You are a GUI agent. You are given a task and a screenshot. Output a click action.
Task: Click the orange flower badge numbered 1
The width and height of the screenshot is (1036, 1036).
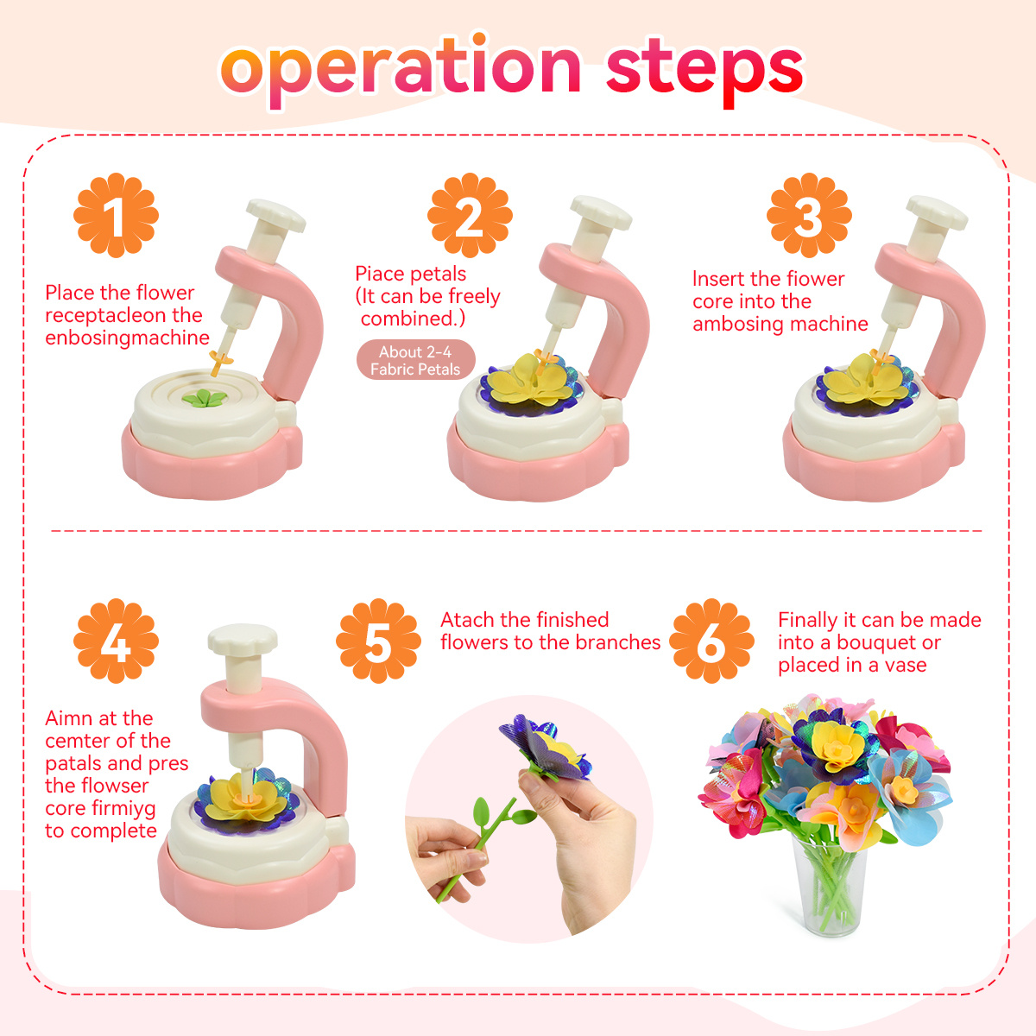click(117, 215)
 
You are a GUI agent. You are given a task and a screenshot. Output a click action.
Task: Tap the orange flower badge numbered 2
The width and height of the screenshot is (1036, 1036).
click(470, 215)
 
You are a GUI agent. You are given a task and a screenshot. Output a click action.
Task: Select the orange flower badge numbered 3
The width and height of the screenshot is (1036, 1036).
click(809, 215)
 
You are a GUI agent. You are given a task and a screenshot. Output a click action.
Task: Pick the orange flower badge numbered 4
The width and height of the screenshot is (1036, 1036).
click(117, 641)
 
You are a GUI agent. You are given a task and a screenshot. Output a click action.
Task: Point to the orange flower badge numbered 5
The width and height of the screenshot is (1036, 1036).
click(378, 641)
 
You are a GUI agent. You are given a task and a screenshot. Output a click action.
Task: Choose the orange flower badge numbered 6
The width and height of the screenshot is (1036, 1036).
click(711, 641)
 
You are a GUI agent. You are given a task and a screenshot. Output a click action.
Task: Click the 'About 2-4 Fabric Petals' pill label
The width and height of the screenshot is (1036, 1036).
click(415, 360)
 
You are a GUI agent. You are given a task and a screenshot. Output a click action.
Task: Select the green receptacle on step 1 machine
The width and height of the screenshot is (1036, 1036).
click(205, 398)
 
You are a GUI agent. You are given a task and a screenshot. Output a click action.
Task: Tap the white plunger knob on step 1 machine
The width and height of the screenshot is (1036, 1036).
click(275, 215)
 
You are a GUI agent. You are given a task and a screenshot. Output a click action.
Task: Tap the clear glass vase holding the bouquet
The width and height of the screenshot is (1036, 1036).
click(829, 888)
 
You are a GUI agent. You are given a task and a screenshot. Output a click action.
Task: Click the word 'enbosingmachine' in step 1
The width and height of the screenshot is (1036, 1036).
click(128, 338)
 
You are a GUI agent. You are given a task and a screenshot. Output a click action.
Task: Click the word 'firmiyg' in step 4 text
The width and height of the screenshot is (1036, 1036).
click(122, 809)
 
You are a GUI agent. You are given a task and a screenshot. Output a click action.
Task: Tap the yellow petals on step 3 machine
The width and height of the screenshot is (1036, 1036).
click(862, 381)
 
